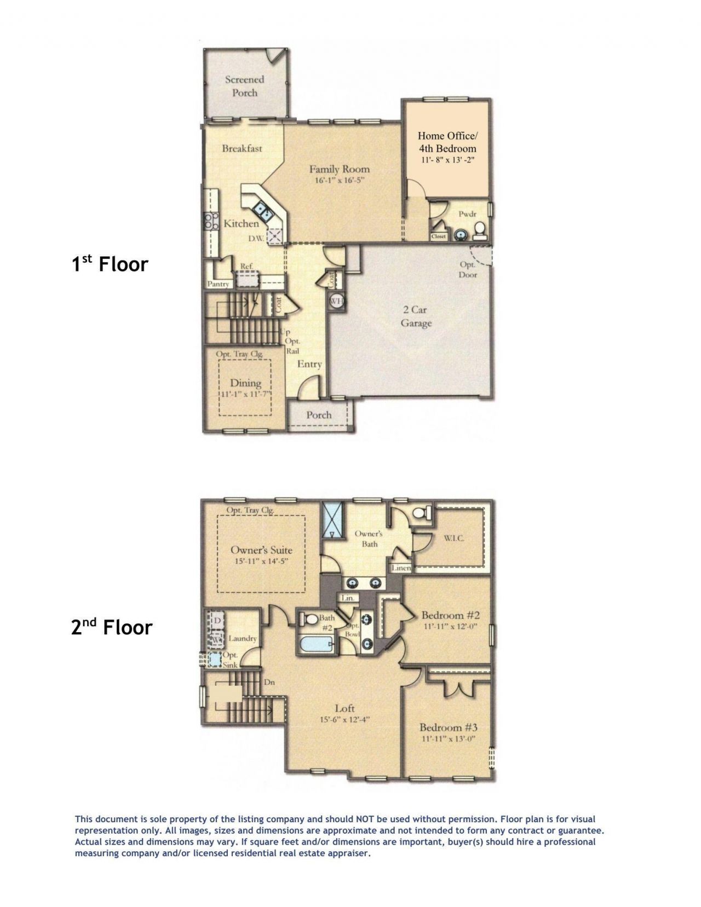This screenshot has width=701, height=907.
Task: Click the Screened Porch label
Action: tap(244, 86)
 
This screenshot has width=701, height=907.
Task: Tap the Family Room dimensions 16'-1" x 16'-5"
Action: tap(339, 181)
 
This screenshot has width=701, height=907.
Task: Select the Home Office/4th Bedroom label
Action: tap(447, 141)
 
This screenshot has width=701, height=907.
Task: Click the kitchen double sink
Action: tap(260, 211)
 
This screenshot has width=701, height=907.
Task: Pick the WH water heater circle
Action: tap(335, 301)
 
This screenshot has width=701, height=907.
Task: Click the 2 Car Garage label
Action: tap(416, 316)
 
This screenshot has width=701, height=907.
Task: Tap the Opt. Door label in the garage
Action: tap(468, 269)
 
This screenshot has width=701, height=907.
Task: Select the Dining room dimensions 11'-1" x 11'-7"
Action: tap(245, 394)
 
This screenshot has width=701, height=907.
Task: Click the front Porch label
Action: tap(319, 414)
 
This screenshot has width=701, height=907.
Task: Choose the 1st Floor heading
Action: tap(110, 264)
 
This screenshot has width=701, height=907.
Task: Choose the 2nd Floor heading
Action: tap(111, 626)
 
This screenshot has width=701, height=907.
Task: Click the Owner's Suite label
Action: tap(261, 550)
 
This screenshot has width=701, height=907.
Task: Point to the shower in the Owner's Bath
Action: tap(331, 519)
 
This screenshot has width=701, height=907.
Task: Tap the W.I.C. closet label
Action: tap(454, 538)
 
